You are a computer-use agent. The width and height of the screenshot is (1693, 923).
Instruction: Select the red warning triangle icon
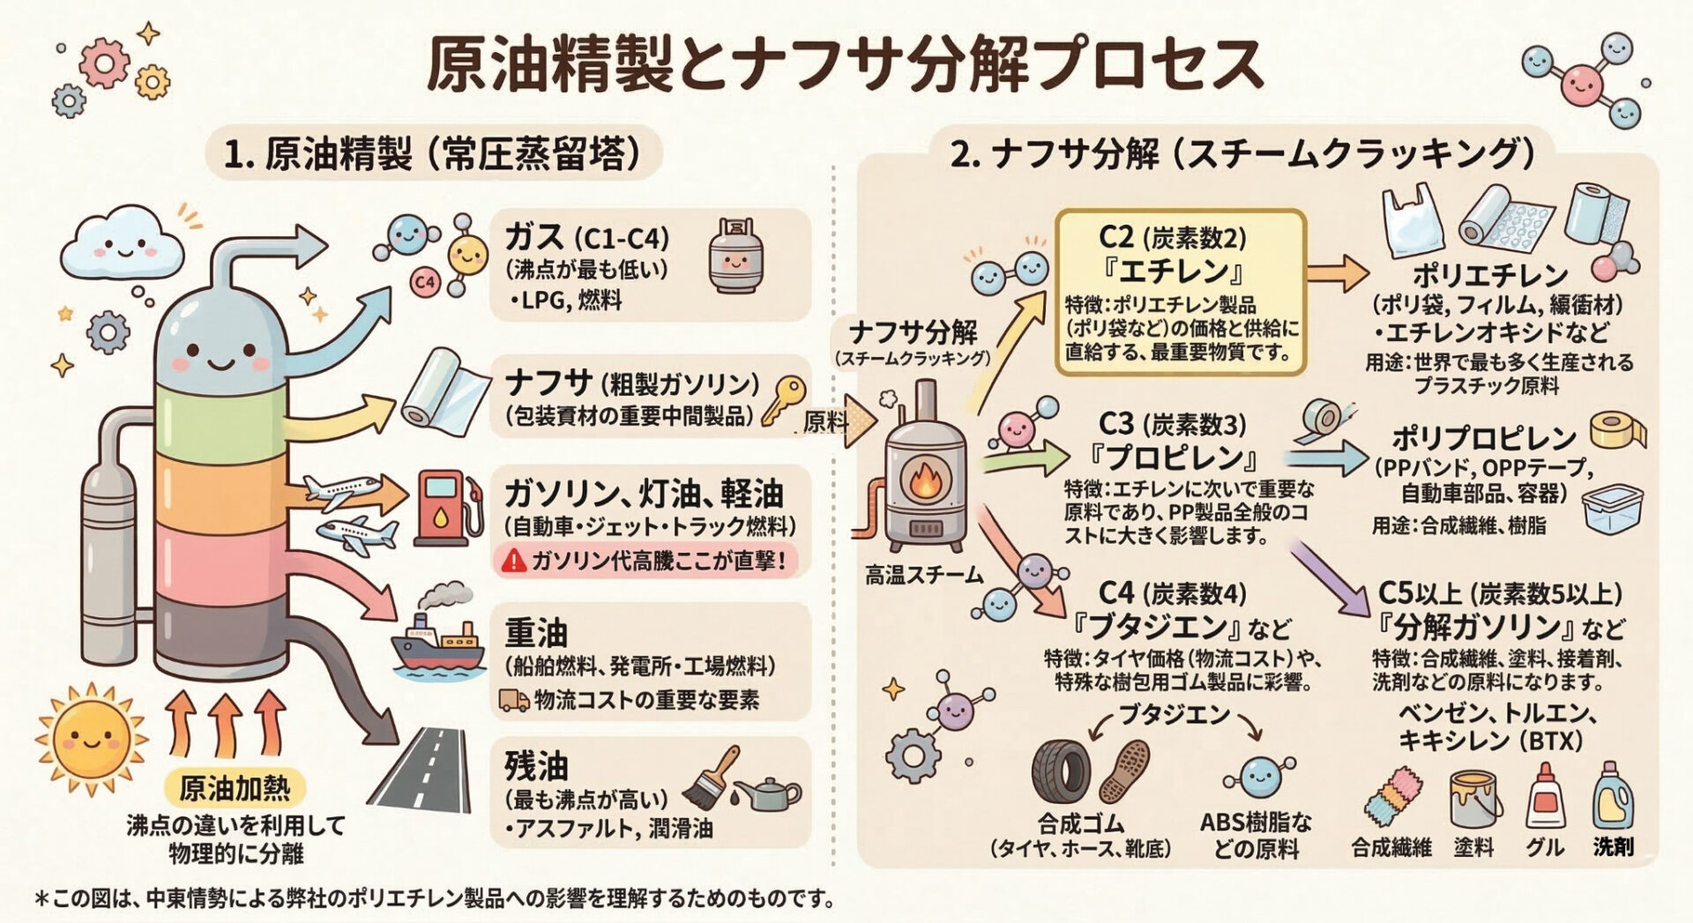[512, 560]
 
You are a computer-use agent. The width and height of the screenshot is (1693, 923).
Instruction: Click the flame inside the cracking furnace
[926, 481]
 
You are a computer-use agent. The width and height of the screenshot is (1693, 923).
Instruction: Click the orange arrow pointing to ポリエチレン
[1337, 274]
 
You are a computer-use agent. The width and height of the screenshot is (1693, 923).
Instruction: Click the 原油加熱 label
[235, 787]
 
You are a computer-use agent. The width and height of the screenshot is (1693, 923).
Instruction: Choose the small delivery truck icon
[514, 701]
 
